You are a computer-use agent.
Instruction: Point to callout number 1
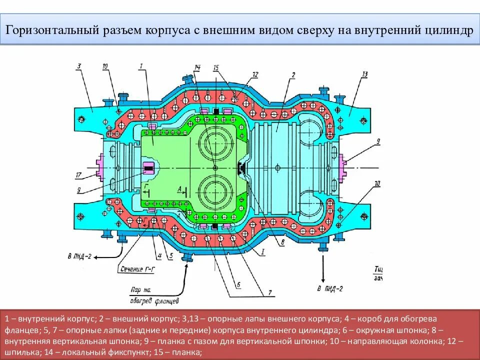click(x=141, y=65)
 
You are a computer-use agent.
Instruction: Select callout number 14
click(x=197, y=66)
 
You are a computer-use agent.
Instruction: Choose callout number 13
click(x=364, y=74)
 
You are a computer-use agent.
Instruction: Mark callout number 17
click(x=78, y=175)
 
